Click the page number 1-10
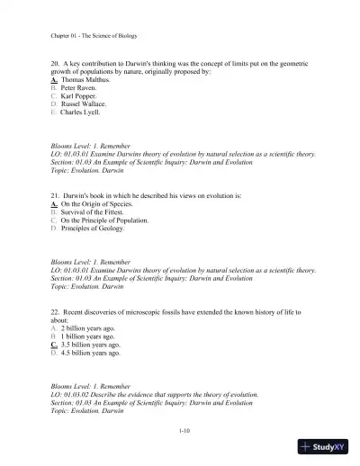(184, 431)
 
